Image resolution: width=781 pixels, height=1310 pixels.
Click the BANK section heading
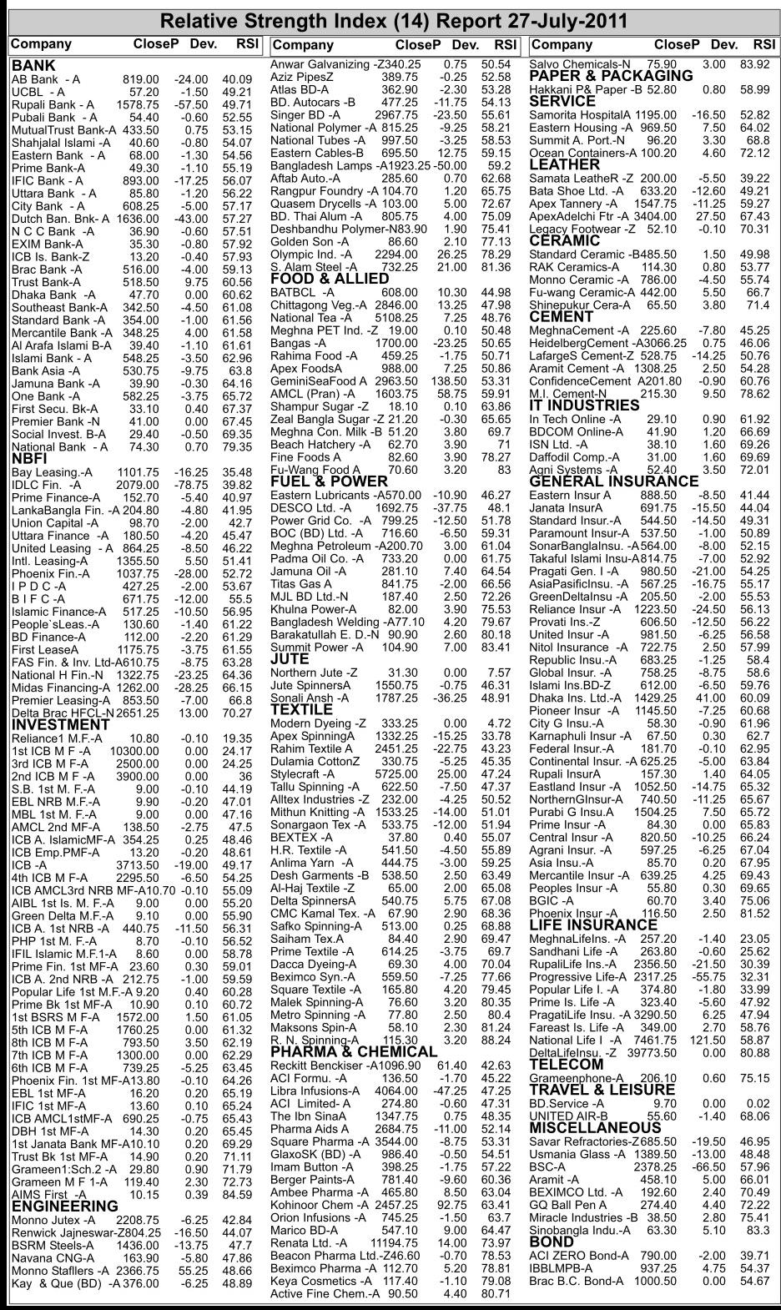tap(33, 66)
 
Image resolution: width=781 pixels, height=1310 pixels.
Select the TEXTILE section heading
tap(301, 710)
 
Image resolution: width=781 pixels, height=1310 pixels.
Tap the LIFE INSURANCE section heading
tap(593, 925)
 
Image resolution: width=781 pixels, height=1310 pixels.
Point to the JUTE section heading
tap(290, 659)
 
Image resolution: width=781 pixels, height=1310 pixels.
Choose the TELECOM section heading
tap(566, 1065)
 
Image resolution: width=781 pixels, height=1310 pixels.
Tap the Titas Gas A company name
tap(300, 584)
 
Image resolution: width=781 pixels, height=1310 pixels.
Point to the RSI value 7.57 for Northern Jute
tap(499, 673)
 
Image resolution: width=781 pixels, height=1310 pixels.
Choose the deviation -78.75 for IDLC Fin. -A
tap(190, 485)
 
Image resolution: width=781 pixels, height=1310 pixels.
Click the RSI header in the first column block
tap(248, 44)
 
